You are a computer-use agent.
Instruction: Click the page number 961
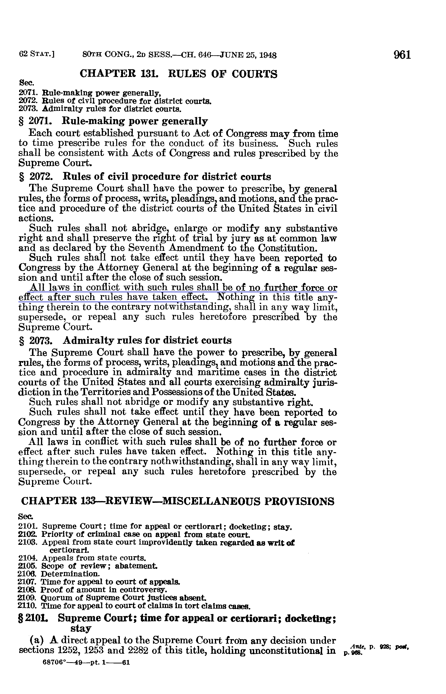402,55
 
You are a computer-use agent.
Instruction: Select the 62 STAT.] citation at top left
37,54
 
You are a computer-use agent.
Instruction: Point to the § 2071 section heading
113,121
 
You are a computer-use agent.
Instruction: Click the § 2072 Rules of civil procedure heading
145,176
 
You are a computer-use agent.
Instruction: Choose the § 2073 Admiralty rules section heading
125,340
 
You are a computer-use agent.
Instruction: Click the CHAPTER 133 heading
178,501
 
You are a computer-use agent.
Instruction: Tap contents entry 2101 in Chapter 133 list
155,526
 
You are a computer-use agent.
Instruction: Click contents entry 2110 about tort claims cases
134,606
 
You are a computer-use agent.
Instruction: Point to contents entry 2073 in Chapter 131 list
100,109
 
